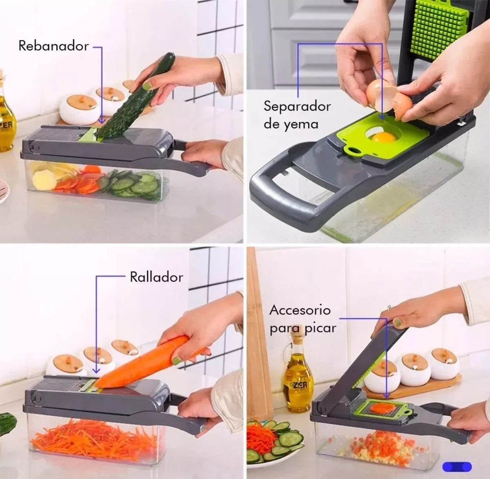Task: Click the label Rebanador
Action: [x=53, y=46]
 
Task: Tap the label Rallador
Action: [x=156, y=277]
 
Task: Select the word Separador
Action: [x=297, y=107]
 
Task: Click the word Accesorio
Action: [x=300, y=310]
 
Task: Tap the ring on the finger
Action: [x=389, y=308]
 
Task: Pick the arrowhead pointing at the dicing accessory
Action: [x=387, y=395]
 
